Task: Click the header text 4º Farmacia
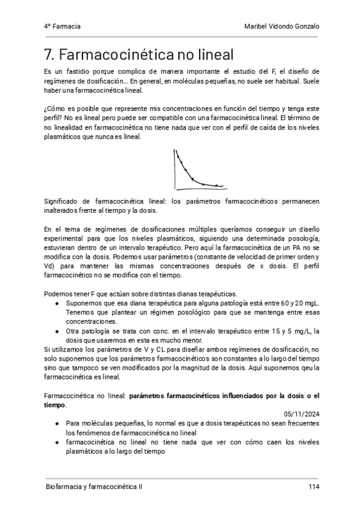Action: pos(62,27)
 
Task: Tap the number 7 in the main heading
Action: pos(49,55)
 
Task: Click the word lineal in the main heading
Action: pos(212,55)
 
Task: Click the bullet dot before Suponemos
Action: pos(56,302)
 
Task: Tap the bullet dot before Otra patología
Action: pos(56,330)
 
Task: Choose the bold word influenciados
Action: pos(229,396)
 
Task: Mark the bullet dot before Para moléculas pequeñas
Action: pos(56,424)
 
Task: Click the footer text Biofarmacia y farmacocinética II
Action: pos(95,487)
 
